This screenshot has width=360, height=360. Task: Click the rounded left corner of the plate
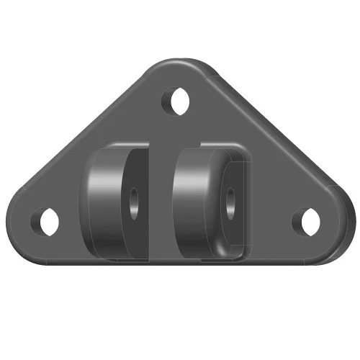coord(20,220)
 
